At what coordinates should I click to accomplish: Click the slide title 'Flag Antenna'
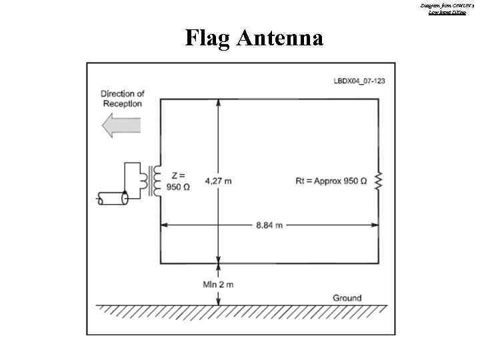(x=254, y=38)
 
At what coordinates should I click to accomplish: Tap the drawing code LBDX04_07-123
(x=359, y=81)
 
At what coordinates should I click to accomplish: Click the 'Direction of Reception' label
(x=123, y=99)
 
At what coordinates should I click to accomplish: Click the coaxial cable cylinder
(x=113, y=199)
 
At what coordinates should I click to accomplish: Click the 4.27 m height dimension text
(x=218, y=181)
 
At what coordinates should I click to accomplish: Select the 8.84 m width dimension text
(x=269, y=225)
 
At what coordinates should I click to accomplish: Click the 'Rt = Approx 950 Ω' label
(x=331, y=181)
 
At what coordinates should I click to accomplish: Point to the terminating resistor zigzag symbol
(x=378, y=181)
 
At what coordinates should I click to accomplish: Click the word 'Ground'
(x=347, y=298)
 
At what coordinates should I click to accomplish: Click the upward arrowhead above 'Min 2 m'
(x=218, y=268)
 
